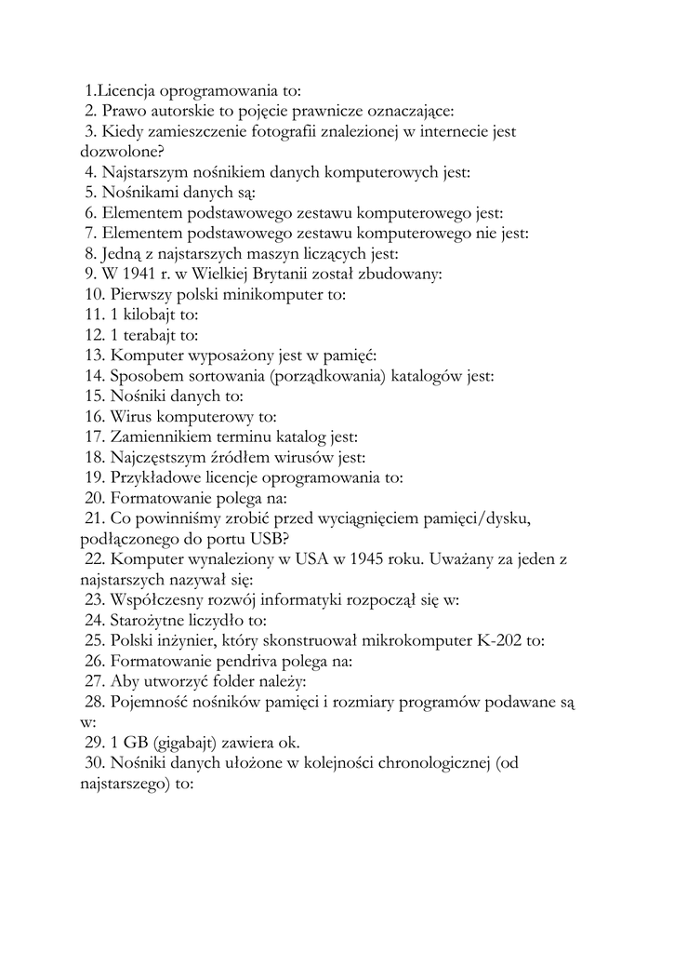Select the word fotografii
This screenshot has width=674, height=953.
(285, 132)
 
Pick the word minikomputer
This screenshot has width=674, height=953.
(281, 295)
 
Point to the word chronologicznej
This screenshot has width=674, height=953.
(425, 763)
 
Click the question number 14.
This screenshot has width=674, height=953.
(95, 376)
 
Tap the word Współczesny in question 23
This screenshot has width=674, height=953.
(158, 600)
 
